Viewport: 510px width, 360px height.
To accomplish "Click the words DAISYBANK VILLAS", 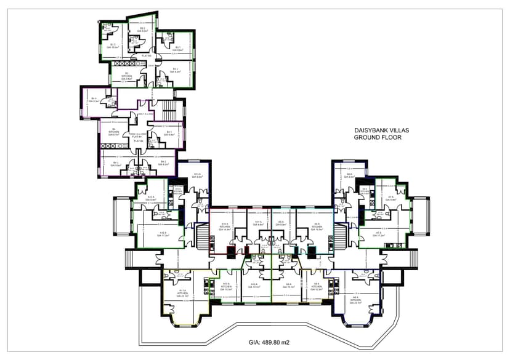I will coord(382,131).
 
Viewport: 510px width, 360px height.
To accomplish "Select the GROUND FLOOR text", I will coord(377,138).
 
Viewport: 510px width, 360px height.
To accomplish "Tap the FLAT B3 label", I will coord(147,56).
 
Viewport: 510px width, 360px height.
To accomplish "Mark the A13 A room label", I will coord(198,176).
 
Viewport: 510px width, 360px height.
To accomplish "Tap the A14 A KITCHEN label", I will coord(225,226).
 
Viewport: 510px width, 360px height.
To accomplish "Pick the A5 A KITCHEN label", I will coord(317,226).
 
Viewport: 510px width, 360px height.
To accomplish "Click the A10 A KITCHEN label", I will coord(226,286).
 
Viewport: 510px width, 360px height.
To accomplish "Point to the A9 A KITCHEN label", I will coord(317,286).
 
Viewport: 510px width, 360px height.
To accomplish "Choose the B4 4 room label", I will coord(94,100).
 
